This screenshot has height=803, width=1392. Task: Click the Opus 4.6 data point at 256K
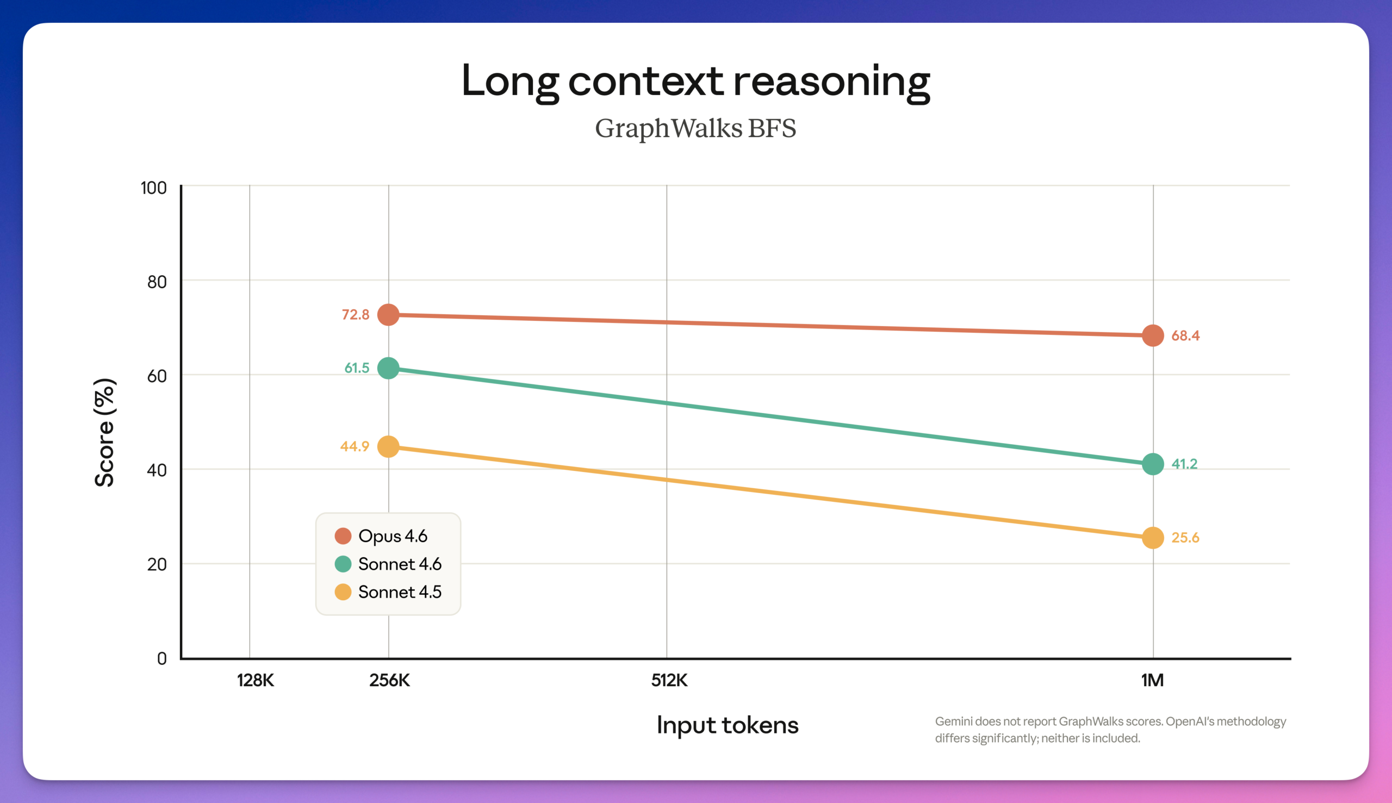(388, 315)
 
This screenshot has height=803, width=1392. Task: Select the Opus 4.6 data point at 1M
(1153, 335)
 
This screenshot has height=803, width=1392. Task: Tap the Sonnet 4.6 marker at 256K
(388, 368)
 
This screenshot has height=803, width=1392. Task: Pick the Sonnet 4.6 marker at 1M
(1153, 464)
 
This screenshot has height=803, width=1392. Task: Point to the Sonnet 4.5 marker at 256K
(388, 447)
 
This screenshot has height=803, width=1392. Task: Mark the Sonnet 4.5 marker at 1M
(1153, 538)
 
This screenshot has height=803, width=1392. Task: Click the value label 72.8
(356, 315)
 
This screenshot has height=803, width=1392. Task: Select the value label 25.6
(1185, 538)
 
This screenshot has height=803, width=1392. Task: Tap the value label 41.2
(1184, 464)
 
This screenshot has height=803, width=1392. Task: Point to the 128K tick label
(256, 681)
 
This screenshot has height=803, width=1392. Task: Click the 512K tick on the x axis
(669, 681)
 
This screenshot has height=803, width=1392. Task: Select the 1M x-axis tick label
(1152, 681)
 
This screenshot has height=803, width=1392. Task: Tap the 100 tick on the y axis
(154, 188)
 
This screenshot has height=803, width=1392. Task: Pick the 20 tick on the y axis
(157, 564)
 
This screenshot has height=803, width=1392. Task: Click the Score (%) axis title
(104, 432)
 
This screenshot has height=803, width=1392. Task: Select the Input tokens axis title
(728, 725)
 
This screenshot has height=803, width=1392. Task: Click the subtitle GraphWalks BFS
(695, 128)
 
